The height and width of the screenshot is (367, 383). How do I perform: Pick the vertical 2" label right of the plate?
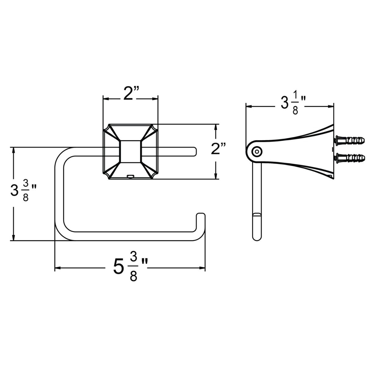218,150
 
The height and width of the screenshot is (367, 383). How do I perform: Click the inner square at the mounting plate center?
131,152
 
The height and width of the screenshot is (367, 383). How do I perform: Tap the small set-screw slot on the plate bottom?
130,176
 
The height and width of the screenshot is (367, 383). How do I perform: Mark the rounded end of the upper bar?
194,151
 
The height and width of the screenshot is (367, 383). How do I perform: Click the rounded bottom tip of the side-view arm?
257,237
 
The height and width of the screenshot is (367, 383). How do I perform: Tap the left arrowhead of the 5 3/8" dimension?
57,268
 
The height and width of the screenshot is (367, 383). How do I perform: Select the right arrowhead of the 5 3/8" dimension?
203,268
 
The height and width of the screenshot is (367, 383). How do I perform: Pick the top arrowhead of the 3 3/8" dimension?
13,150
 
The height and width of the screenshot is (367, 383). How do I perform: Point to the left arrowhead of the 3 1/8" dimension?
248,106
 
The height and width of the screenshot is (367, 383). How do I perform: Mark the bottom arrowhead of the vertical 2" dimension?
216,176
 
